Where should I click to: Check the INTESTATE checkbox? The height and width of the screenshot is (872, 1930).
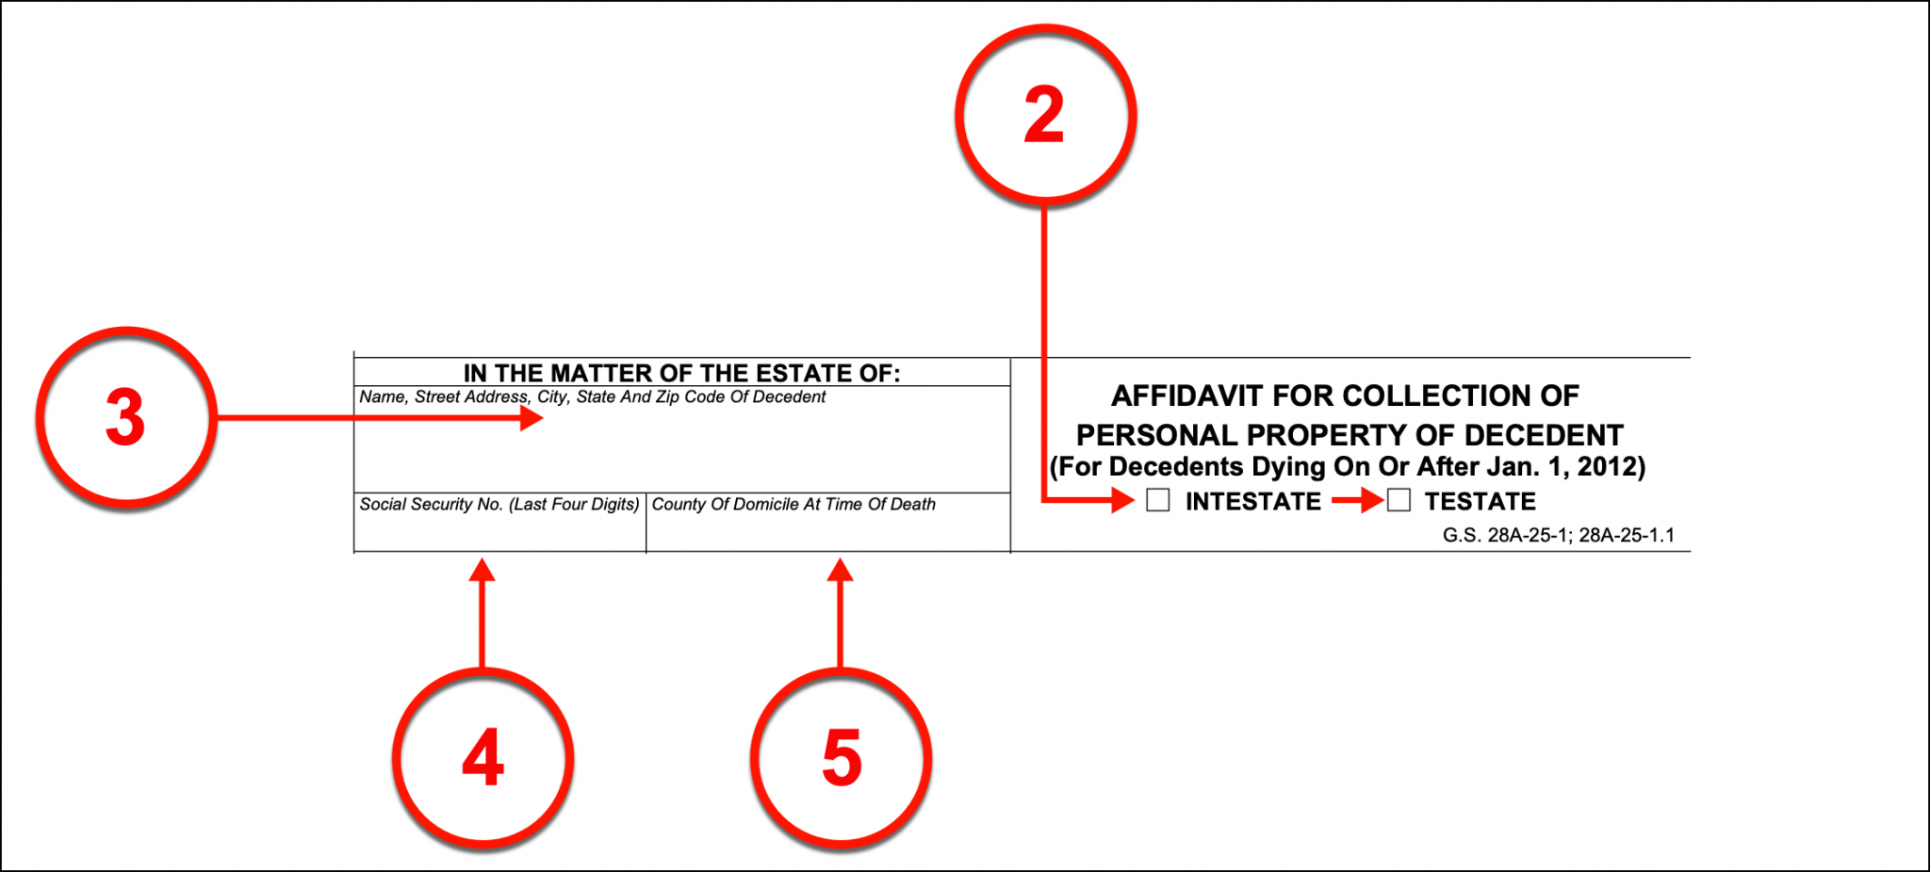click(1158, 500)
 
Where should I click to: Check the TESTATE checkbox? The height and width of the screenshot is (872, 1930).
click(1399, 500)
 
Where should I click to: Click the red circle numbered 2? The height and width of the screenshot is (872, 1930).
click(1045, 115)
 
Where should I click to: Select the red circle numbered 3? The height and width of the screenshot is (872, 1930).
click(126, 417)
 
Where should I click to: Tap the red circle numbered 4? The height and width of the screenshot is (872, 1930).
click(482, 758)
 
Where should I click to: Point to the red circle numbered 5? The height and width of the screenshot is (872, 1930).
click(841, 758)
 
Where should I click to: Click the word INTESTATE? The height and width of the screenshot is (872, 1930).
click(1252, 501)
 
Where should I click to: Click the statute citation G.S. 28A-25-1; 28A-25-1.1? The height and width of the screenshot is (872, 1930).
click(1558, 535)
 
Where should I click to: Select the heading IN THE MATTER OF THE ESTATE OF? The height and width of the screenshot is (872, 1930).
click(681, 373)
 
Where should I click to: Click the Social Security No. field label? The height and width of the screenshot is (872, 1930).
click(499, 505)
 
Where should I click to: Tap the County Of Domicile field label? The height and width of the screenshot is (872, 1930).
click(793, 505)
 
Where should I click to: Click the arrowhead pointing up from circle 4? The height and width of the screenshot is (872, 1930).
click(482, 570)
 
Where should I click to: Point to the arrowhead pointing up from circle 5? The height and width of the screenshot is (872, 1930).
click(841, 570)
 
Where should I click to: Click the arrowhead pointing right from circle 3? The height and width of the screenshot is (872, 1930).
click(532, 418)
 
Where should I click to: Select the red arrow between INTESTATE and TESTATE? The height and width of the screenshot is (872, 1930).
click(1357, 501)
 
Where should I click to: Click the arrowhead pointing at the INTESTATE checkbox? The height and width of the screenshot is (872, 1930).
click(1122, 500)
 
